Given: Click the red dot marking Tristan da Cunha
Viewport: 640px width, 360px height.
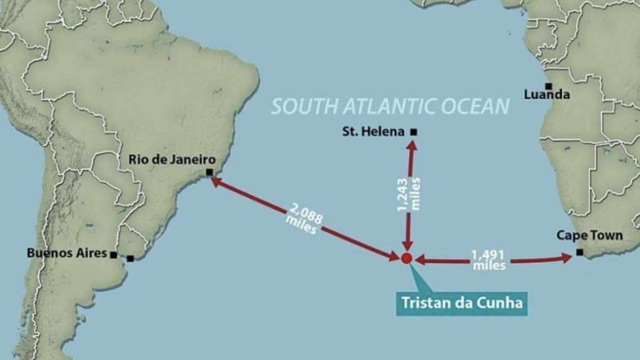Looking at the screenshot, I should (406, 259).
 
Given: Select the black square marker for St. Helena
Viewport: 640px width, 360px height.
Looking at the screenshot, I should (413, 132).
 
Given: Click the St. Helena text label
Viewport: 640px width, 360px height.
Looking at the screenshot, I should (373, 132).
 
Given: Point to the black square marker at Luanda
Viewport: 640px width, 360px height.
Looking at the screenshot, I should (547, 86).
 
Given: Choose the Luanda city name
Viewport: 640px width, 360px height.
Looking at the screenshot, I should (547, 95).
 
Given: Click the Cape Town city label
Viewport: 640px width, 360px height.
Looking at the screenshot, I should (589, 235).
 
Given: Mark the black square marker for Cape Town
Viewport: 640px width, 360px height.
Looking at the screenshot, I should (579, 252).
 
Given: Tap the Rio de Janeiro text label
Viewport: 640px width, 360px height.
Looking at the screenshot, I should (172, 159).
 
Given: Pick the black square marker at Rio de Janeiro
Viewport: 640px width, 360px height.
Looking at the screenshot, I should (209, 172).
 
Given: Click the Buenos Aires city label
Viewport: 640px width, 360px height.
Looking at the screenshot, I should (67, 253).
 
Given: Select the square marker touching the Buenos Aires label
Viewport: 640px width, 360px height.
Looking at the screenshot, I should (114, 255).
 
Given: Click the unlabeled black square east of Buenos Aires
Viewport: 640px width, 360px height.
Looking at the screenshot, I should (130, 259).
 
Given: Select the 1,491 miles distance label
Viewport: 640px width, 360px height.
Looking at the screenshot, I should (488, 260).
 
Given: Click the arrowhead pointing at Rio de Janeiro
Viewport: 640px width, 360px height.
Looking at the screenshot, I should (214, 181).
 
